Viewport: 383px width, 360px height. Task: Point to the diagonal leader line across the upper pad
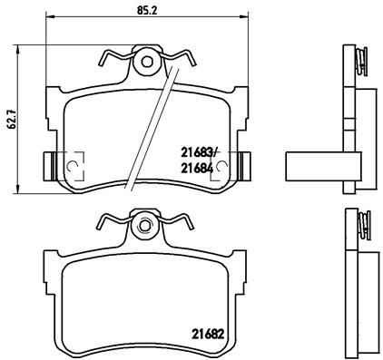150,127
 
